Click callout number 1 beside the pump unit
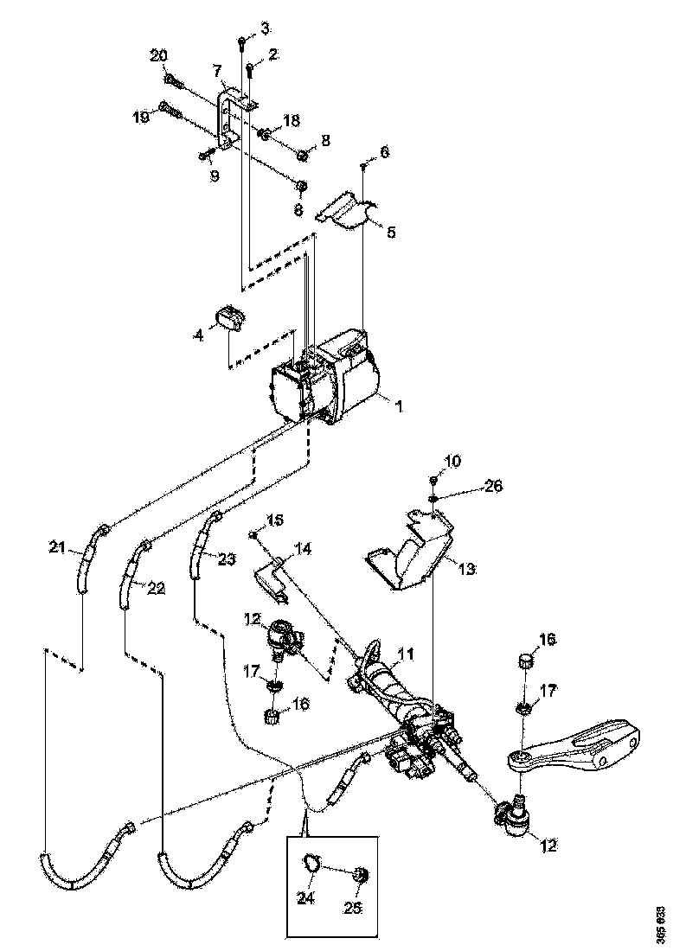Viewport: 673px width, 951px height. [x=400, y=404]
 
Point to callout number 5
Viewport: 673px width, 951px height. [x=390, y=232]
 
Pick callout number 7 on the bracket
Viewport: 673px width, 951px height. [x=217, y=68]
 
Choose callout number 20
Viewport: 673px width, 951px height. [x=158, y=55]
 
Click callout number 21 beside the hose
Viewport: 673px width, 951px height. [x=57, y=546]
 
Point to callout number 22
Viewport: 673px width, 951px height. [x=156, y=588]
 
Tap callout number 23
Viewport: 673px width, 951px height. [x=227, y=559]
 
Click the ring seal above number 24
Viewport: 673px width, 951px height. [x=313, y=862]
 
